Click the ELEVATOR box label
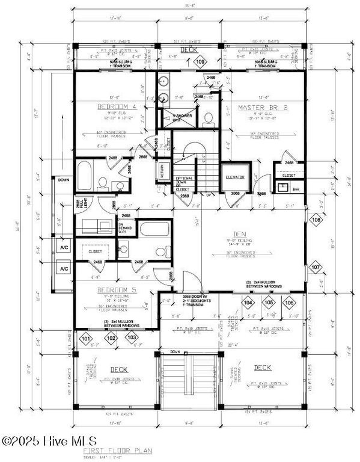[234, 177]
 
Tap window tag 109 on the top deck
[200, 62]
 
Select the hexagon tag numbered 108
[317, 220]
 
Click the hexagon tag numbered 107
[317, 266]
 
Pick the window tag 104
[247, 302]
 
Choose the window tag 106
[289, 302]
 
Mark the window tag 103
[132, 338]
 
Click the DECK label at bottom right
[263, 367]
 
